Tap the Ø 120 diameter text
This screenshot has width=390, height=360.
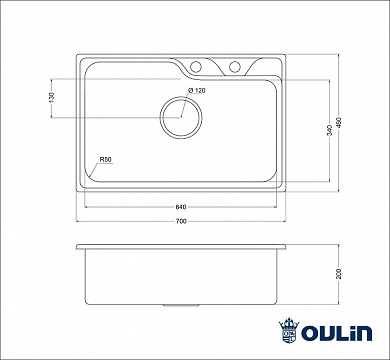coord(195,91)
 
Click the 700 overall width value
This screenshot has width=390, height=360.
coord(180,221)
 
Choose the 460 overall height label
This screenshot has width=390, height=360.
coord(348,121)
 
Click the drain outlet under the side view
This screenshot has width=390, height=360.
coord(179,299)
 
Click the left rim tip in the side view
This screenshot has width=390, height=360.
coord(75,246)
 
